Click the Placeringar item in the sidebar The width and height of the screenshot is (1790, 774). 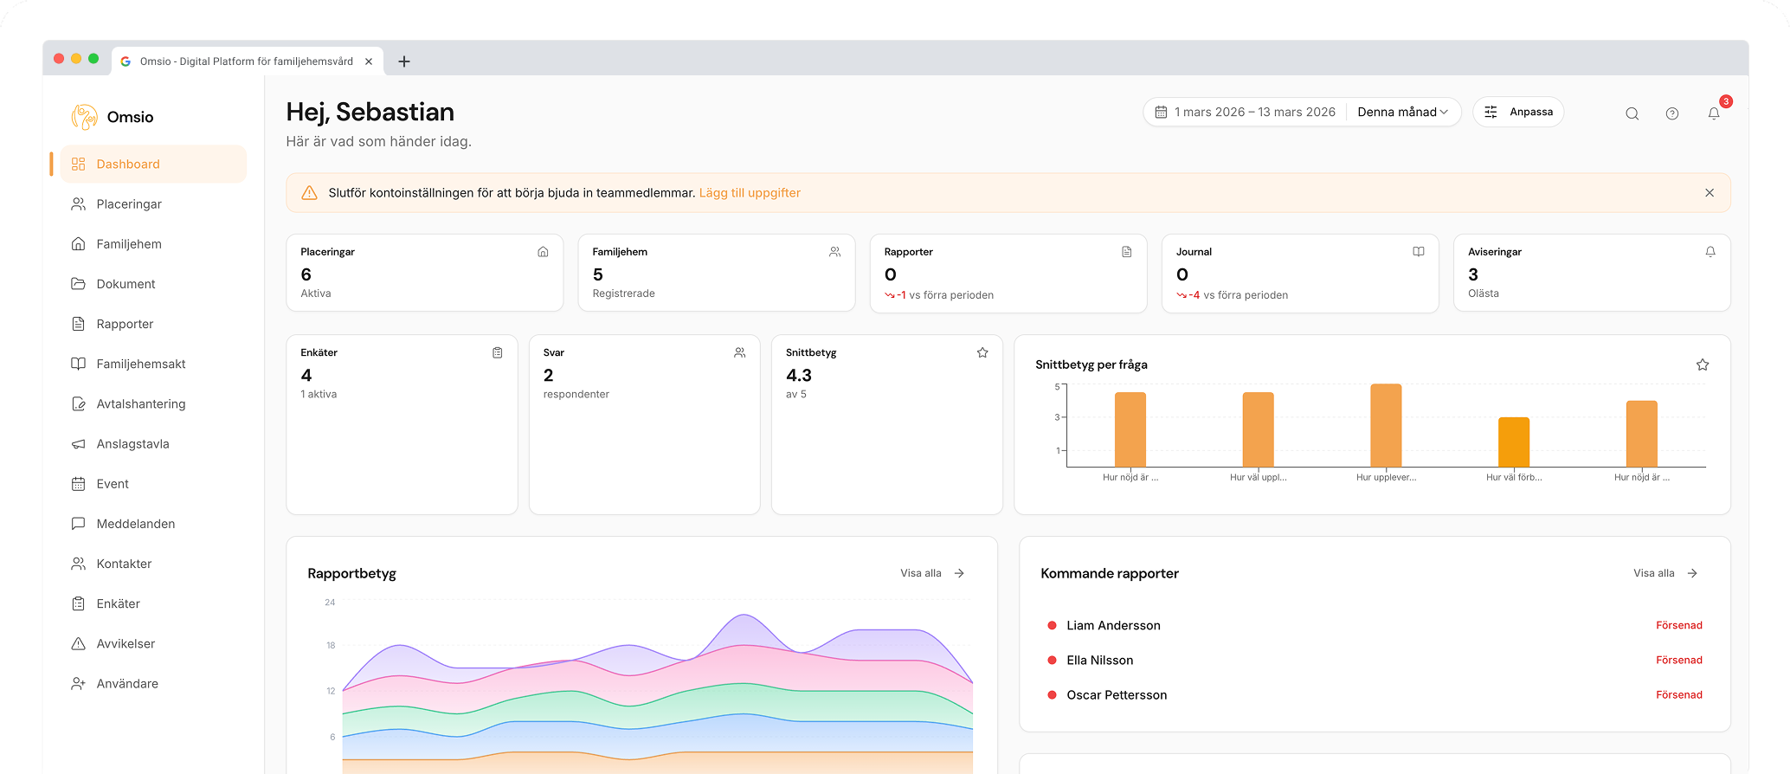click(x=129, y=204)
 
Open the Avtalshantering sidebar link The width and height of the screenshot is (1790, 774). click(x=140, y=404)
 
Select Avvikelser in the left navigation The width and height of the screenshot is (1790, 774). click(x=126, y=644)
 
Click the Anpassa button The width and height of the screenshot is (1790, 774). click(x=1518, y=113)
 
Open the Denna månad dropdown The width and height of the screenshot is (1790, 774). click(x=1402, y=113)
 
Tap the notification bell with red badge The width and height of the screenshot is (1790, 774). click(x=1714, y=113)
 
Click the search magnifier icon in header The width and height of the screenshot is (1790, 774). click(x=1632, y=113)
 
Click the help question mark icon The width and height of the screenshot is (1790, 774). click(x=1672, y=113)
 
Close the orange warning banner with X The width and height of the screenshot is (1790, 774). click(x=1710, y=193)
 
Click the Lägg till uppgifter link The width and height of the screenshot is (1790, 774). click(x=750, y=193)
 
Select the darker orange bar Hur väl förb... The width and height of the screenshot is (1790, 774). click(x=1514, y=442)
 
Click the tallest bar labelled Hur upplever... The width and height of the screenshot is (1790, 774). click(x=1386, y=426)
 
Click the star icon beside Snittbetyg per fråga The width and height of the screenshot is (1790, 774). click(x=1703, y=365)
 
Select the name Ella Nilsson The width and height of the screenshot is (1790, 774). click(x=1099, y=661)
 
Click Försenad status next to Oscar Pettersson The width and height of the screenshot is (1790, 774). click(x=1678, y=695)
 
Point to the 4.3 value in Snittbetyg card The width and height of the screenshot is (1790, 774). click(x=799, y=376)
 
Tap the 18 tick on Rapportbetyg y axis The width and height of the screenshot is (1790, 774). click(x=331, y=646)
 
